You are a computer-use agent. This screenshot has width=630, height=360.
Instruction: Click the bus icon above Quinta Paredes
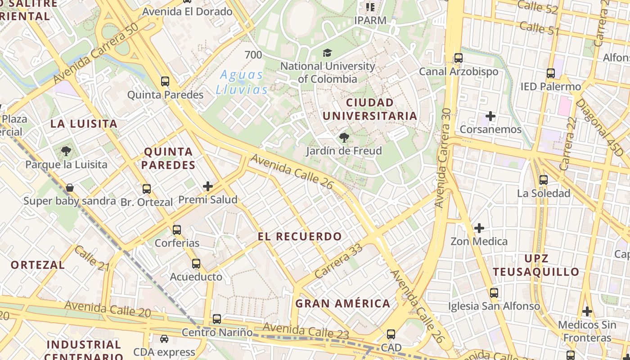coord(165,81)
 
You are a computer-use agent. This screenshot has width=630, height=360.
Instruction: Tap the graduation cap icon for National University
coord(327,53)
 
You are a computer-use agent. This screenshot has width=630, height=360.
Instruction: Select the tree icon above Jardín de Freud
coord(344,138)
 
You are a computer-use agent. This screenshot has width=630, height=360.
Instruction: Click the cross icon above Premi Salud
coord(207,186)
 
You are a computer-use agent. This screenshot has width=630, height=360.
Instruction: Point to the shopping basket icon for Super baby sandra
coord(70,188)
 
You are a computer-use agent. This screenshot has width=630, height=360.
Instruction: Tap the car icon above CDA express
coord(164,339)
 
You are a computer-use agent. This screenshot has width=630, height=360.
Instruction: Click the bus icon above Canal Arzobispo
coord(459,58)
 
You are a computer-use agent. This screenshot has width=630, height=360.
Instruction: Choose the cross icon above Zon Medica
coord(479,228)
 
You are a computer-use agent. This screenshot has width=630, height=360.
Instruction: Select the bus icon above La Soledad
coord(544,180)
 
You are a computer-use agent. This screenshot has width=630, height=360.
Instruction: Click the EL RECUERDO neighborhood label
coord(300,236)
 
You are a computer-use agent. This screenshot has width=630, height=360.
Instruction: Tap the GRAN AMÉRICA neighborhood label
coord(343,303)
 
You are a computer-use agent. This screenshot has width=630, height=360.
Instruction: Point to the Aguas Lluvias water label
coord(242,82)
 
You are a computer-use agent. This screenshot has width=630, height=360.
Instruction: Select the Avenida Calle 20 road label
coord(108,310)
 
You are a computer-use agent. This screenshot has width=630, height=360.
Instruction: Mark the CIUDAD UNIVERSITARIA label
coord(370,109)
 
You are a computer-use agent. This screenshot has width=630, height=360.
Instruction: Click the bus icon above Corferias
coord(177,230)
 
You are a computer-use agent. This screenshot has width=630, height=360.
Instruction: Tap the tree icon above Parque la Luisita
coord(66,151)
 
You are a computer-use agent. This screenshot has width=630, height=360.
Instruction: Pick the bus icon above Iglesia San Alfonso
coord(494,293)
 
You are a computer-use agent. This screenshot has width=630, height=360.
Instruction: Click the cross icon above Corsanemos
coord(490,117)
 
